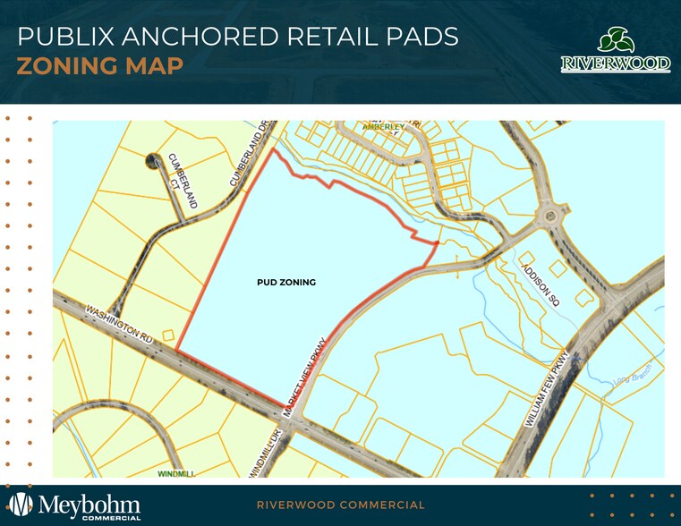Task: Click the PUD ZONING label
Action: click(x=285, y=282)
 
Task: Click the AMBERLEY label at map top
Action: click(x=383, y=127)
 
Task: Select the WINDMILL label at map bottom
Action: click(x=175, y=471)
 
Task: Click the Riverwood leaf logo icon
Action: click(x=615, y=40)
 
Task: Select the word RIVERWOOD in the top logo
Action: click(x=615, y=64)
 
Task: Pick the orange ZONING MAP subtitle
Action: click(x=100, y=66)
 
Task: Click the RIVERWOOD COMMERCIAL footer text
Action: click(x=340, y=505)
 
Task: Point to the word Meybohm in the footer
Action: click(x=89, y=501)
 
